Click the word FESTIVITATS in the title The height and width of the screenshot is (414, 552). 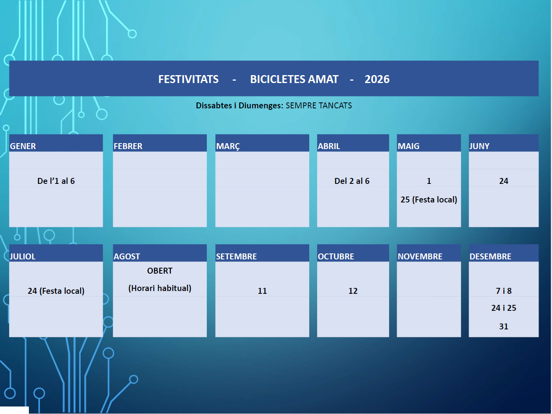coord(188,79)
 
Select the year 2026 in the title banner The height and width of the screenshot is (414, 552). coord(377,79)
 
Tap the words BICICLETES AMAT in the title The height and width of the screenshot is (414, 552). coord(294,79)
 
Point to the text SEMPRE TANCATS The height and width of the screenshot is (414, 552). coord(319,106)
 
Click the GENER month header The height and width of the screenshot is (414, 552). coord(23,146)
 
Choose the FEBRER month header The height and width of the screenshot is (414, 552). coord(128,146)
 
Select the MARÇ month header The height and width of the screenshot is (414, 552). coord(228,146)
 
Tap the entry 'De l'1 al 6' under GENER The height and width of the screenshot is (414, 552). coord(56,181)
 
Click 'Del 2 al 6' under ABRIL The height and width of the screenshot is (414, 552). coord(352,181)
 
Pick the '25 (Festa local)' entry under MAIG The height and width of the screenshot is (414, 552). coord(429,200)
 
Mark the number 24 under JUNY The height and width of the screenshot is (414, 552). coord(504,181)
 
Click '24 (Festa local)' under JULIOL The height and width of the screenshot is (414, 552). coord(56,291)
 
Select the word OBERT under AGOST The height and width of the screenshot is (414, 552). coord(160,271)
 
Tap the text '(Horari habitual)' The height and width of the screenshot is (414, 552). coord(160,288)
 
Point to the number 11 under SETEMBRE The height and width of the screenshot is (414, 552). coord(262,291)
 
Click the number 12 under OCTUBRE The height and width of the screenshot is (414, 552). coord(353,291)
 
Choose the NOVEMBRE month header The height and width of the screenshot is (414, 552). coord(420,256)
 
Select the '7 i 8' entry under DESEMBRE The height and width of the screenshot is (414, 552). coord(504,291)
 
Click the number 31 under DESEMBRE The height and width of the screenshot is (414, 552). coord(504,326)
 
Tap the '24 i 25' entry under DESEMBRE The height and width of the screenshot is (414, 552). coord(504,308)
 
